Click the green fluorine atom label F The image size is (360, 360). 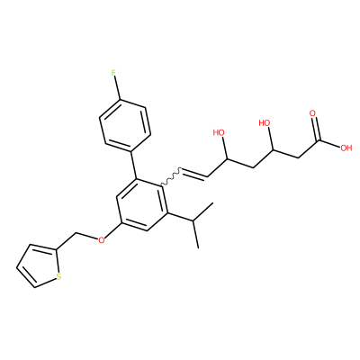113,73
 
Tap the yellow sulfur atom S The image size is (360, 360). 58,276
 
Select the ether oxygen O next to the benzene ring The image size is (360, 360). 102,239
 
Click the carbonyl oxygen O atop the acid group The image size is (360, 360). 313,113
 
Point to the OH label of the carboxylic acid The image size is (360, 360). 346,148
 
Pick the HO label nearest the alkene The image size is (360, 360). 219,132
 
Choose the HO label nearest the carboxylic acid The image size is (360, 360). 265,123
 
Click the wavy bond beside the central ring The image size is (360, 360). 171,177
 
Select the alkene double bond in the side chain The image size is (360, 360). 194,174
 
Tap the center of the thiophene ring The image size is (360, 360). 38,265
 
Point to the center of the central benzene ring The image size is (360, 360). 142,204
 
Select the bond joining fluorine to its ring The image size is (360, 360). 117,88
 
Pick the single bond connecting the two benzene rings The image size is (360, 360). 133,165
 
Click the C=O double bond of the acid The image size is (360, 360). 315,129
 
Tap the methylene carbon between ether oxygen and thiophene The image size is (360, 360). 76,232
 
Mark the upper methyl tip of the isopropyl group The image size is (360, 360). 212,203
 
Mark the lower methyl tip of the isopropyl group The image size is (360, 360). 198,247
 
